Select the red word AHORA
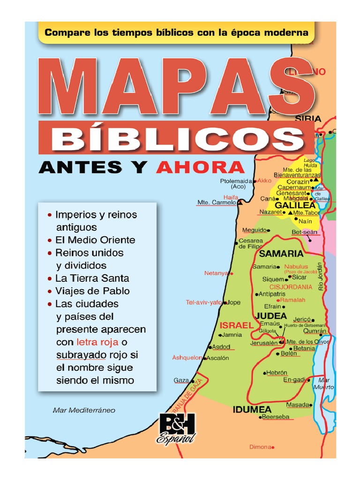coord(200,167)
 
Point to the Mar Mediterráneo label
coord(84,410)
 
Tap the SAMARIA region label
coord(281,254)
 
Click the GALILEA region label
coord(295,205)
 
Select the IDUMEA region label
coord(252,409)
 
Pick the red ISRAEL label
coord(237,325)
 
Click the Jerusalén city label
coord(264,343)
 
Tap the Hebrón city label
coord(276,373)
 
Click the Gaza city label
coord(181,380)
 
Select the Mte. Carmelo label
coord(216,203)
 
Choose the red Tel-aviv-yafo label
coord(203,302)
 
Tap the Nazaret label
coord(270,212)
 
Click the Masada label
coord(297,405)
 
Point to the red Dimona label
coord(260,447)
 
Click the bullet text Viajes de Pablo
coord(92,291)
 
